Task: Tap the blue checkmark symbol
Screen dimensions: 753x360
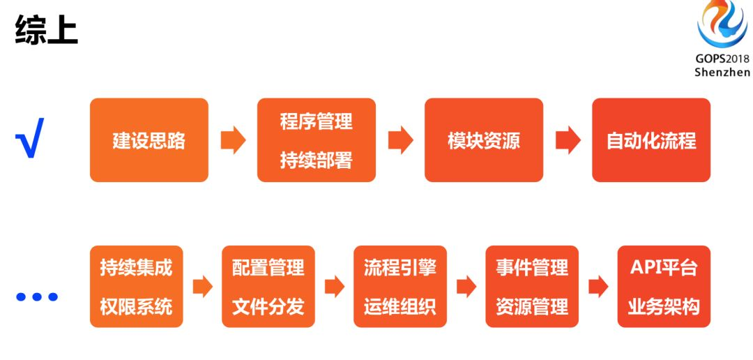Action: (x=29, y=138)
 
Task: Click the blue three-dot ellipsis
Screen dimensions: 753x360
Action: (x=36, y=297)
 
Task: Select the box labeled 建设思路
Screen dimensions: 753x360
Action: (x=149, y=140)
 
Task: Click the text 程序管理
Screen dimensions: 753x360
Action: (x=316, y=121)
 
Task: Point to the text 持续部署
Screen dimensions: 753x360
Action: (x=316, y=160)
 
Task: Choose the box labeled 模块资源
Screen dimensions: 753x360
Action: (x=483, y=140)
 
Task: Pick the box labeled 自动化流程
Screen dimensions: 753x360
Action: (x=651, y=140)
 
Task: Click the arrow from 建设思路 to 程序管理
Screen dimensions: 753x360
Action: (x=233, y=140)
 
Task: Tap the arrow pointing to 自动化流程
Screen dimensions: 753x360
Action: (x=568, y=140)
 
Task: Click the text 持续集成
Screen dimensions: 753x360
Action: (x=136, y=267)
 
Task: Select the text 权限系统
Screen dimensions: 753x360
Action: (x=136, y=306)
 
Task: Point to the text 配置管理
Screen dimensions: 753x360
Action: (x=268, y=267)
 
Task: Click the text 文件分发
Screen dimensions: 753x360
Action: (x=268, y=306)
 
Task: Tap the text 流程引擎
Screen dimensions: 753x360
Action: (x=400, y=267)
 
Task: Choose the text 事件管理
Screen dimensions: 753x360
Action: (x=532, y=267)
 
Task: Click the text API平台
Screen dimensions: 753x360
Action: (x=664, y=267)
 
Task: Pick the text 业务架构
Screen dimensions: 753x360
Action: (x=664, y=306)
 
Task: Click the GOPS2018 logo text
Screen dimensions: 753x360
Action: (x=722, y=59)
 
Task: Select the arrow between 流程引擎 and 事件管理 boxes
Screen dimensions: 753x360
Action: (x=466, y=287)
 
